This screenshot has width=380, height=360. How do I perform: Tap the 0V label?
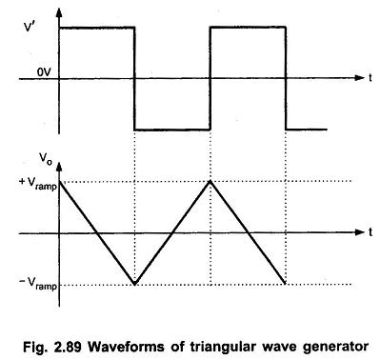(39, 71)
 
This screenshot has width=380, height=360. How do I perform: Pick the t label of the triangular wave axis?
(368, 232)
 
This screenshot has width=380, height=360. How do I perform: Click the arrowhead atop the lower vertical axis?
(60, 151)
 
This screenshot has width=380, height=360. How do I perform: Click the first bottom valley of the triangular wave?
(134, 284)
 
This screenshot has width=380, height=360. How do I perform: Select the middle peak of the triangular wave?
(210, 181)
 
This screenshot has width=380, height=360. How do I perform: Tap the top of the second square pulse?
(248, 27)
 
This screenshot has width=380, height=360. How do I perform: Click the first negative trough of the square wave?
(171, 129)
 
